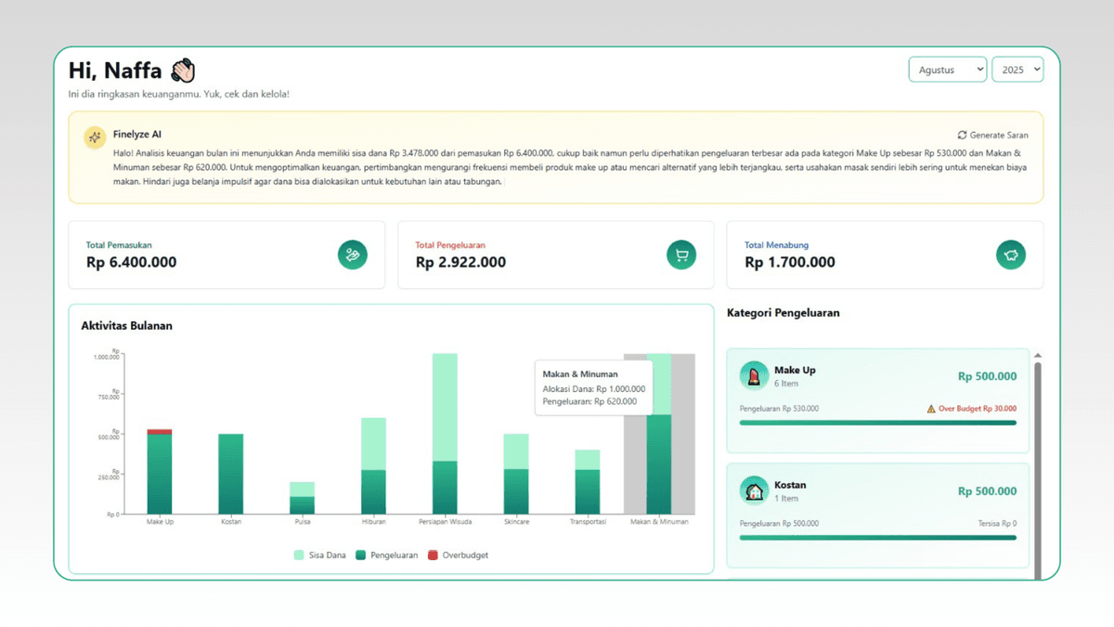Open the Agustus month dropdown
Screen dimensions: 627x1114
[x=947, y=70]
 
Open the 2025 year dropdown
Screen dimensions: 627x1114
[x=1017, y=70]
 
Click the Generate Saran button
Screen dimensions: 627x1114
[x=992, y=135]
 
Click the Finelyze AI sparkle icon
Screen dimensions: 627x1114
[x=94, y=137]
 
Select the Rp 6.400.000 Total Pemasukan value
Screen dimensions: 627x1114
[x=131, y=262]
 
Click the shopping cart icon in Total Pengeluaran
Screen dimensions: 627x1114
[x=681, y=255]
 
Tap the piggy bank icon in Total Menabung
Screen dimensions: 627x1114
[x=1010, y=255]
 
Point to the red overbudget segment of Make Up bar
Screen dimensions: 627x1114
[x=160, y=431]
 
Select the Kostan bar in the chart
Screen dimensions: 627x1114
[x=231, y=474]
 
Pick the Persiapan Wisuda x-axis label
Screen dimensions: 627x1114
[x=445, y=522]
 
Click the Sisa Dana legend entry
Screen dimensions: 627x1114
[x=320, y=555]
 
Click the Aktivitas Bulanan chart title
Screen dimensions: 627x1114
[x=126, y=326]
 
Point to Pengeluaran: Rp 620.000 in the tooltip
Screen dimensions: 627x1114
[x=589, y=401]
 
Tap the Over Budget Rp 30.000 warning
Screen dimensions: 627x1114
[x=971, y=409]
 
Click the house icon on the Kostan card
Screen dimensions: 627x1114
[x=754, y=490]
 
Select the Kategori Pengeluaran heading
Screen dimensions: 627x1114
[x=783, y=313]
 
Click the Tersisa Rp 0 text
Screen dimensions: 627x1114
[x=996, y=524]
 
